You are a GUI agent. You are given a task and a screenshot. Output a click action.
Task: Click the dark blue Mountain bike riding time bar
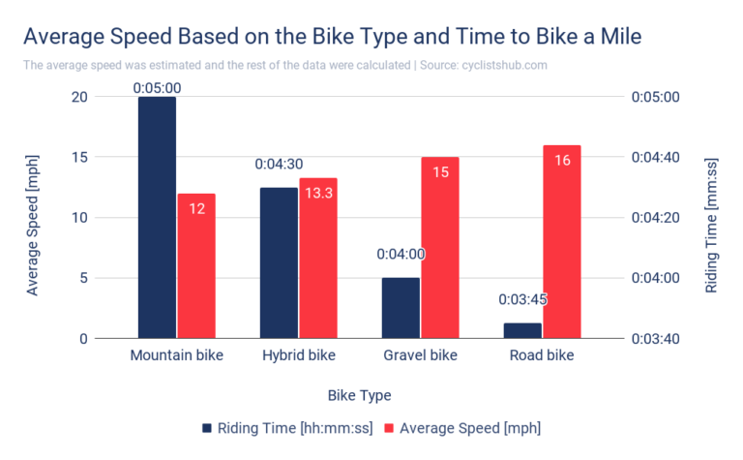(157, 218)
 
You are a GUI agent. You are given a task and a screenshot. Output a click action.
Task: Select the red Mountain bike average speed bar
(196, 266)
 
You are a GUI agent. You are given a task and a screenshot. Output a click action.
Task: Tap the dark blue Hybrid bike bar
(279, 262)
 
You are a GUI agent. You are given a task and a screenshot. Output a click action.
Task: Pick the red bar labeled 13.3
(318, 259)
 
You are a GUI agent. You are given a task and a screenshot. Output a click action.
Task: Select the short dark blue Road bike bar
(522, 330)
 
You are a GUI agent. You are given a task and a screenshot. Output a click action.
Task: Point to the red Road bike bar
(562, 242)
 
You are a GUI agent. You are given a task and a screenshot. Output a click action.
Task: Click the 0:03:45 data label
(522, 299)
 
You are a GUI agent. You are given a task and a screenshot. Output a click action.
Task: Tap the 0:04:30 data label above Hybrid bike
(280, 165)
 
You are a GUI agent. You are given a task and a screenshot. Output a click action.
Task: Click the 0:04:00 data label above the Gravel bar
(401, 255)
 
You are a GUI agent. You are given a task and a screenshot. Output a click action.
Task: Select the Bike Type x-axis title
(359, 395)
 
